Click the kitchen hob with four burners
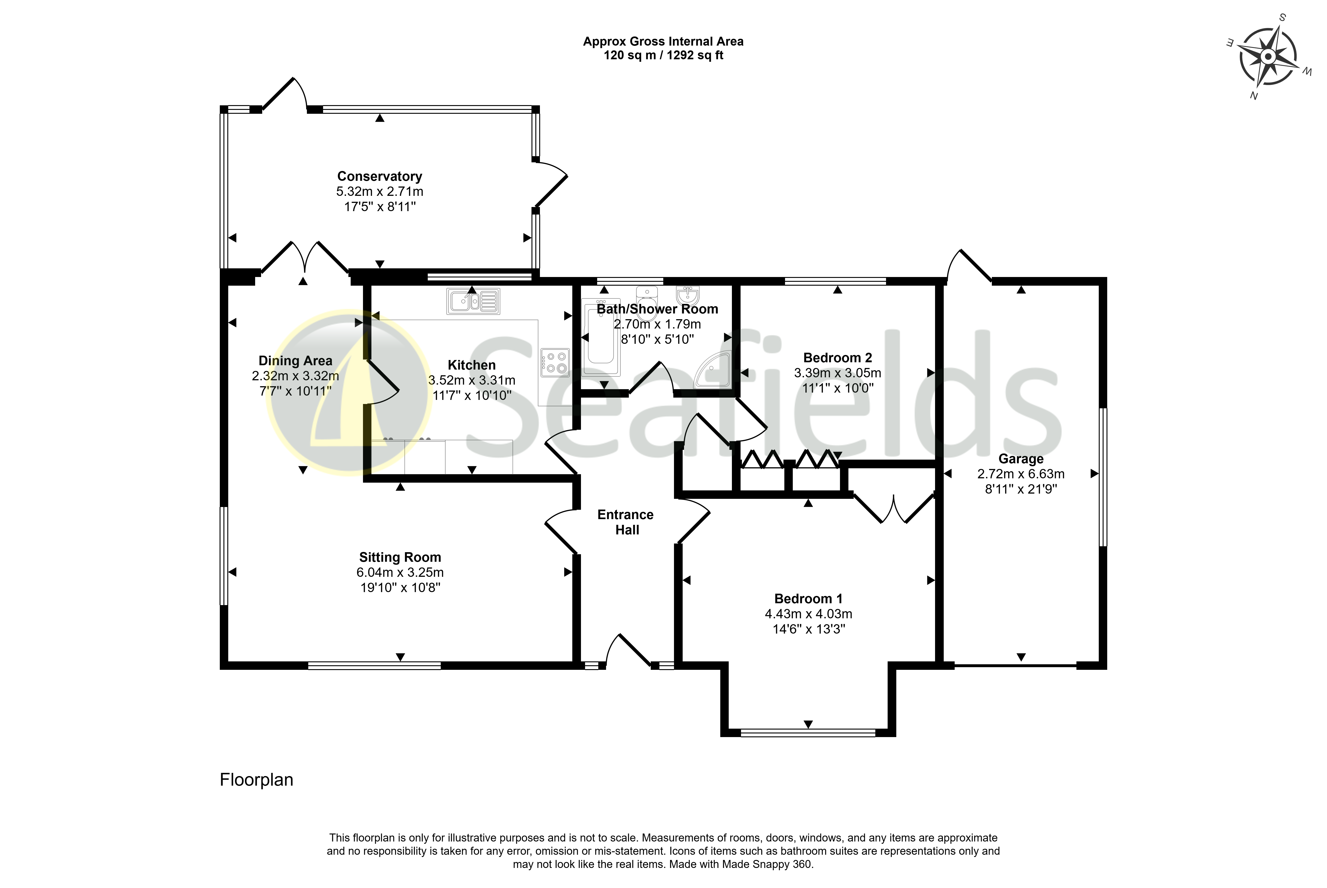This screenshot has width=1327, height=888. tap(555, 362)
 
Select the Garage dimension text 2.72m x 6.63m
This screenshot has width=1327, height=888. tap(1021, 474)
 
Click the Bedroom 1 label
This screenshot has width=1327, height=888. tap(808, 599)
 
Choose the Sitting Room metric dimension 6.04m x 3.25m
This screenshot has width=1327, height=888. tap(400, 572)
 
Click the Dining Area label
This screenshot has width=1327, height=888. tap(295, 361)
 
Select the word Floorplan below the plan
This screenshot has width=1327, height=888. tap(257, 780)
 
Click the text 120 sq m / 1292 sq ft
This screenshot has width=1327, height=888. tap(663, 55)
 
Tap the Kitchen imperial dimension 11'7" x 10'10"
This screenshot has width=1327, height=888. tap(472, 395)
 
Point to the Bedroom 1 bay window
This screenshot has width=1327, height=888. tap(808, 733)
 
